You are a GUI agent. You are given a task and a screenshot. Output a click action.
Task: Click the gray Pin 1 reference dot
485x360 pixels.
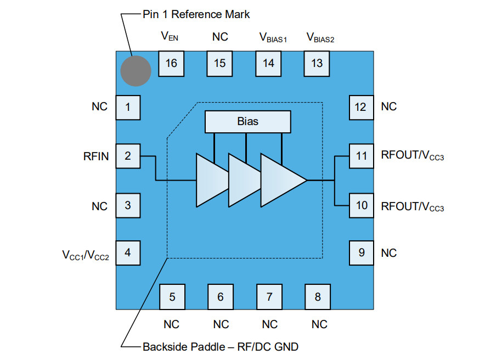tap(136, 71)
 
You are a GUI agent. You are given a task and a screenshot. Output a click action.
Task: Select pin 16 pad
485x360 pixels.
tap(171, 63)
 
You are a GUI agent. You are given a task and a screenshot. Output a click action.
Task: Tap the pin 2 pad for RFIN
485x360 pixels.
tap(128, 156)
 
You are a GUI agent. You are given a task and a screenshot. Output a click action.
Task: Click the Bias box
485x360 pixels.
tap(247, 121)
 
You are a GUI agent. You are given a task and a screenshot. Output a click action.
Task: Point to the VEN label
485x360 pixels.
tap(170, 37)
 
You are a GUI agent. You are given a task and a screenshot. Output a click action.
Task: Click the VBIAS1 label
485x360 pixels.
tap(273, 38)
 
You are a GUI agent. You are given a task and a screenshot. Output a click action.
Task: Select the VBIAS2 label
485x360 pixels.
tap(320, 38)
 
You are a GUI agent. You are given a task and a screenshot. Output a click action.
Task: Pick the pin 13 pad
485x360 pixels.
tap(317, 63)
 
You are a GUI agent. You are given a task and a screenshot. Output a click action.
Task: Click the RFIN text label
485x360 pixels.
tap(96, 156)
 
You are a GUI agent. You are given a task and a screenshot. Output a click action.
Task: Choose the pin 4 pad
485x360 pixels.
tap(128, 253)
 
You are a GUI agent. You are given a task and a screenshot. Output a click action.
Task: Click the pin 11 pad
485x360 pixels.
tap(361, 156)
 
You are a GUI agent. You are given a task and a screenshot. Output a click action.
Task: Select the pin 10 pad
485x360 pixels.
tap(361, 205)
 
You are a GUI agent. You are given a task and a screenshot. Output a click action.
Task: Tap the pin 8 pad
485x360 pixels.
tap(318, 297)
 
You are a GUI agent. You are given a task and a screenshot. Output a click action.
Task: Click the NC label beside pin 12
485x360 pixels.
tap(388, 106)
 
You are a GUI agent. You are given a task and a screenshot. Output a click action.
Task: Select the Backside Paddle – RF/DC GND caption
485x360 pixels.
tap(221, 347)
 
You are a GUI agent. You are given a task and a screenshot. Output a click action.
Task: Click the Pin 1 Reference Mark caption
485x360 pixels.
tap(196, 14)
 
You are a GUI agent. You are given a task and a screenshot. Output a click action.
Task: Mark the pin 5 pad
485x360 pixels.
tap(172, 297)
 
